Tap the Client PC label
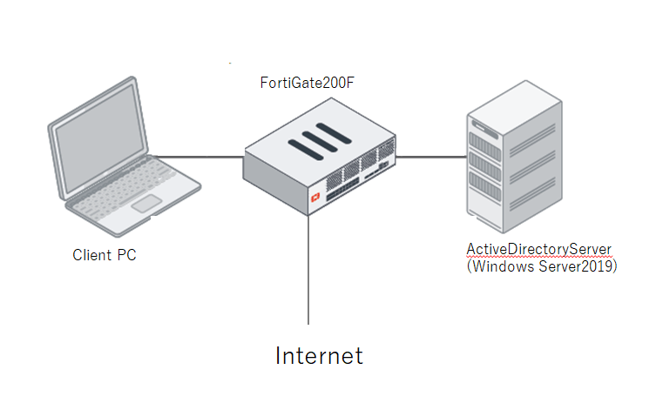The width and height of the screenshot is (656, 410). [x=105, y=255]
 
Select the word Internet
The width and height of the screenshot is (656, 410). [x=319, y=355]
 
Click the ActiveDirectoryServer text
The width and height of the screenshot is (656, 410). [x=538, y=250]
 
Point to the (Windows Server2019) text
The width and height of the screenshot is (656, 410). [x=542, y=266]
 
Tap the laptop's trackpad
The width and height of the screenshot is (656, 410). [x=146, y=205]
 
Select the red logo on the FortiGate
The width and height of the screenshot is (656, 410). [x=315, y=198]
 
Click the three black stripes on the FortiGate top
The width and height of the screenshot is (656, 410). [x=317, y=140]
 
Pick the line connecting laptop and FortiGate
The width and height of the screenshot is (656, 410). [x=199, y=158]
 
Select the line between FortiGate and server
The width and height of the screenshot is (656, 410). [x=432, y=158]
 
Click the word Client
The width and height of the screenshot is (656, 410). [x=91, y=255]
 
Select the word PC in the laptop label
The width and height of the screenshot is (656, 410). [x=126, y=255]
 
